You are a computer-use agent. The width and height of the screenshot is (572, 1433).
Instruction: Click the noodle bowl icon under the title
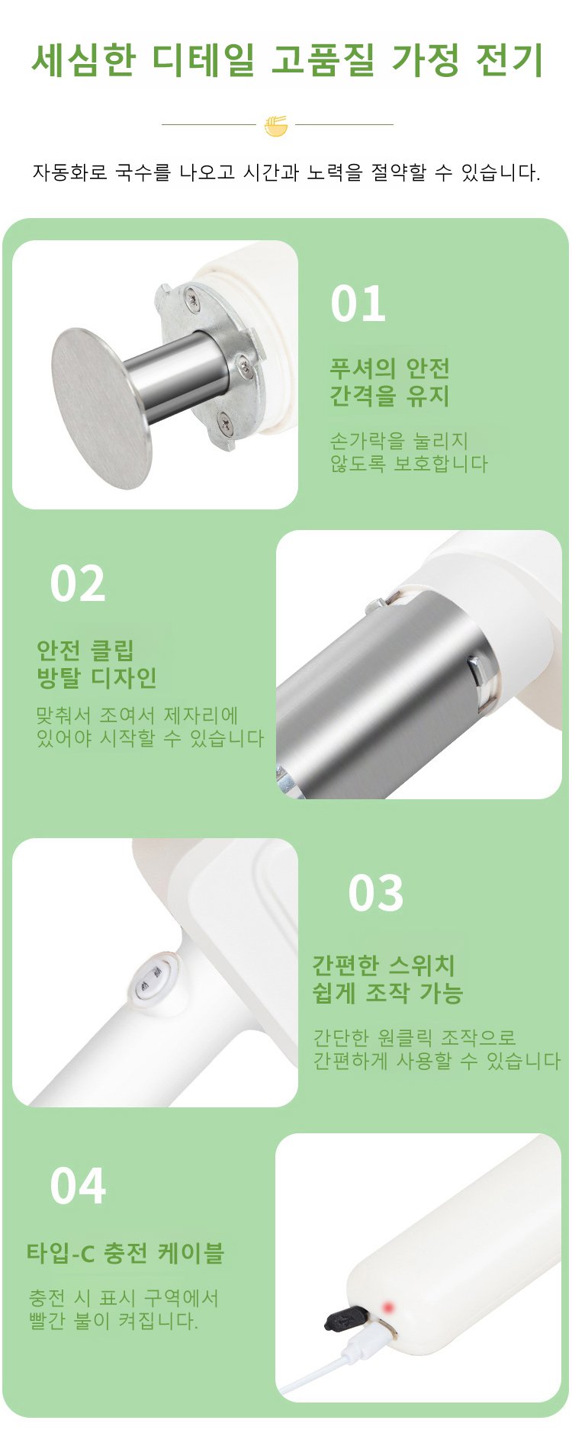[x=276, y=125]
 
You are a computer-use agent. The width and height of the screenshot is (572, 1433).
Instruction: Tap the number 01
[x=358, y=304]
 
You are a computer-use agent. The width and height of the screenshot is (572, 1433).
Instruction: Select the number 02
[x=77, y=584]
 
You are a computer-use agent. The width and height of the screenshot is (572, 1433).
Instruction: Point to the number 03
[x=375, y=893]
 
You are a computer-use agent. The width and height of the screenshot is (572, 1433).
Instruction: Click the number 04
[x=77, y=1186]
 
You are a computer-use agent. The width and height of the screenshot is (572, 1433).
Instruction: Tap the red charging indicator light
[x=388, y=1308]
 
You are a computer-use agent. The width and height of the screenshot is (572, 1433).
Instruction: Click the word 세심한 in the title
[x=83, y=60]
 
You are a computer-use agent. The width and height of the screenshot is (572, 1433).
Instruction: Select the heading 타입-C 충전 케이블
[x=125, y=1253]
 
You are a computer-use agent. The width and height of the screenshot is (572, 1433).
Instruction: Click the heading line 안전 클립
[x=85, y=651]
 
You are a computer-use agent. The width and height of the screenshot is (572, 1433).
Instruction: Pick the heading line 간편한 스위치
[x=384, y=966]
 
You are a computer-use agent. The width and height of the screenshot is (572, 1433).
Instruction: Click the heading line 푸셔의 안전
[x=389, y=368]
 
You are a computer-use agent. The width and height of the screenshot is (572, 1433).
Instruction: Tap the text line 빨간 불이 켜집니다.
[x=113, y=1320]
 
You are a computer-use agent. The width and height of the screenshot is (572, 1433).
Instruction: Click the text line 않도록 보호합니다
[x=408, y=464]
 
